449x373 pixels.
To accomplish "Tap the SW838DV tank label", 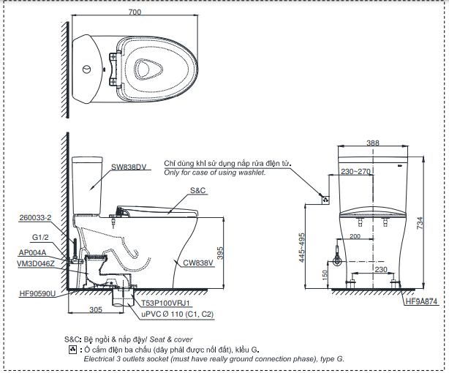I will point(129,167).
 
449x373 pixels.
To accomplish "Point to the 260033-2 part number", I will point(36,218).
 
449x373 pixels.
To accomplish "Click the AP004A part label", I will point(34,252).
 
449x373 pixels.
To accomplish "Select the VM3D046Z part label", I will point(36,263).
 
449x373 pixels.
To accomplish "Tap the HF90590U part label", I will point(37,294).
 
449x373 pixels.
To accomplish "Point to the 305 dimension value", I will point(95,309).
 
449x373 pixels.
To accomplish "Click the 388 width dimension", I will point(373,143).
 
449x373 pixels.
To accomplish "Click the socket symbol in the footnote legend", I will point(72,350).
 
